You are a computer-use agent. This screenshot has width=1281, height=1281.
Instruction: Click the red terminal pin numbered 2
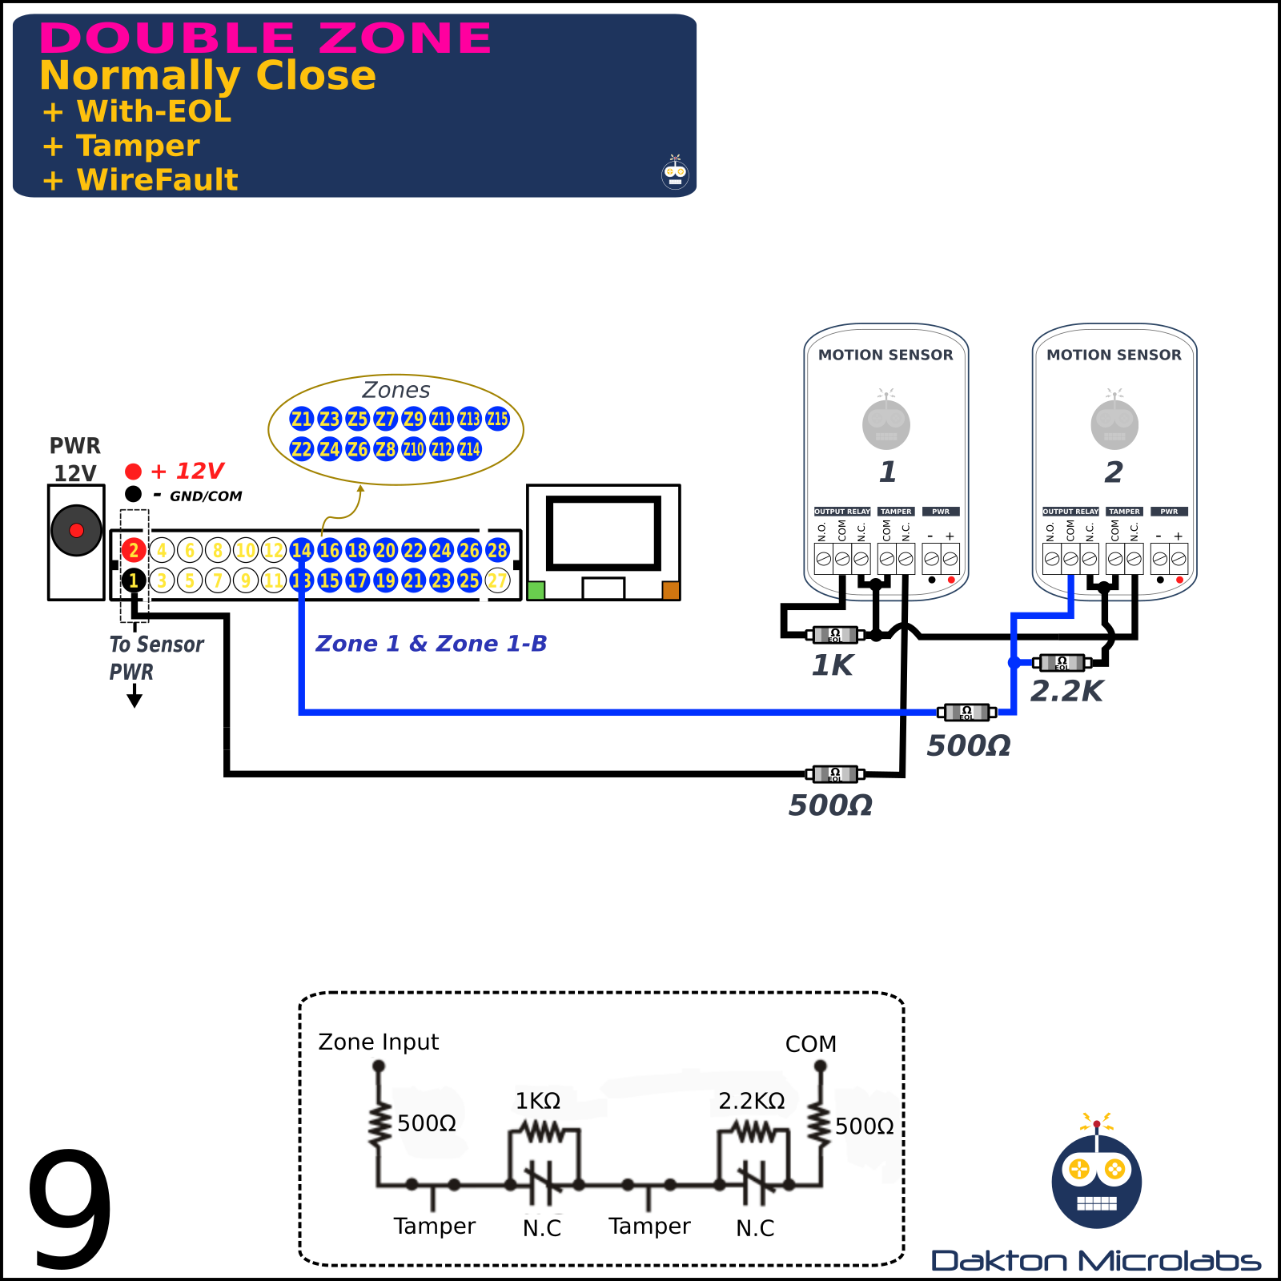click(134, 550)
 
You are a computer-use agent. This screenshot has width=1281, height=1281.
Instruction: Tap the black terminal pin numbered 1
click(134, 580)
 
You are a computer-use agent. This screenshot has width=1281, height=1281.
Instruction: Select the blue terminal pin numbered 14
click(302, 550)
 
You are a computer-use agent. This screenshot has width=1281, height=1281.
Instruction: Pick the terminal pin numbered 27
click(497, 580)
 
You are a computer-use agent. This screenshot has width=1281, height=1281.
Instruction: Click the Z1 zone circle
click(302, 419)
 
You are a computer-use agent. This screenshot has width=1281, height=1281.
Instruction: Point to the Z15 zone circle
click(497, 419)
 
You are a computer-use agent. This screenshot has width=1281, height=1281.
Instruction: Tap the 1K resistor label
click(833, 665)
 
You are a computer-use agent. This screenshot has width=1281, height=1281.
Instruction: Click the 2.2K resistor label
click(1066, 691)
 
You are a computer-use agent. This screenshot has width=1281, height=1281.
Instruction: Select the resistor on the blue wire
click(966, 712)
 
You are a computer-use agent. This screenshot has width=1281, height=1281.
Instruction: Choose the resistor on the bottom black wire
click(834, 774)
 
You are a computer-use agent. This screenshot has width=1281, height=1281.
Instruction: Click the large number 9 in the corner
click(70, 1209)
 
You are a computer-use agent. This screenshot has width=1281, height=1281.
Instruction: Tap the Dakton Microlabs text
click(1096, 1261)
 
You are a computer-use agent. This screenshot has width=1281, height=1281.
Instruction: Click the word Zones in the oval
click(396, 391)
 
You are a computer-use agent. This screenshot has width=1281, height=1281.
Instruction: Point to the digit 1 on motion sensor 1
click(887, 472)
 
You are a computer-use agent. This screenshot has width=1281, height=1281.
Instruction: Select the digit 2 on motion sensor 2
click(1114, 472)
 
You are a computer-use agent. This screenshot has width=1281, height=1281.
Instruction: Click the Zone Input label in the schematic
click(378, 1042)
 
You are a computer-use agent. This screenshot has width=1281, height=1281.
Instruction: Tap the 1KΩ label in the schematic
click(537, 1102)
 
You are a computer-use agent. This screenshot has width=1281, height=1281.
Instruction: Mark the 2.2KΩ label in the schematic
click(752, 1102)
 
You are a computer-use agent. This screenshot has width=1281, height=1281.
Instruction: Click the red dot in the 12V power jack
click(76, 530)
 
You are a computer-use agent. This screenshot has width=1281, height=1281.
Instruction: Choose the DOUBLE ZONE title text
click(265, 38)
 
